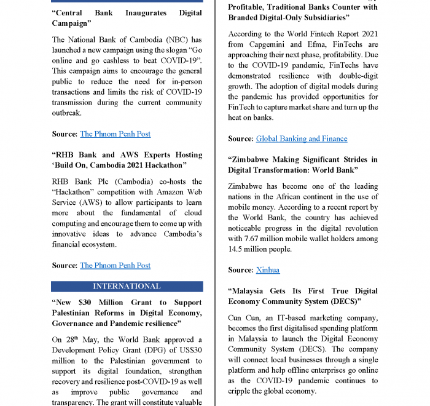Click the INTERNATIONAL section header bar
127,287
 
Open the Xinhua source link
267,270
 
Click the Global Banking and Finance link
302,139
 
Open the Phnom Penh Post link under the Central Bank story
115,134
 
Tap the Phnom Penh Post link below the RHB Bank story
115,266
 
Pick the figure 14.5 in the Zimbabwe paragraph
237,249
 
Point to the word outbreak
67,113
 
